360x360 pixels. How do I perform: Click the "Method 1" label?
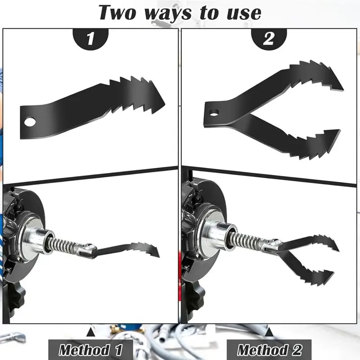pyautogui.click(x=90, y=350)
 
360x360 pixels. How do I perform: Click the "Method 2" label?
pyautogui.click(x=269, y=350)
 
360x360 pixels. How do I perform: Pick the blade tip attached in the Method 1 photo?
pyautogui.click(x=158, y=252)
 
